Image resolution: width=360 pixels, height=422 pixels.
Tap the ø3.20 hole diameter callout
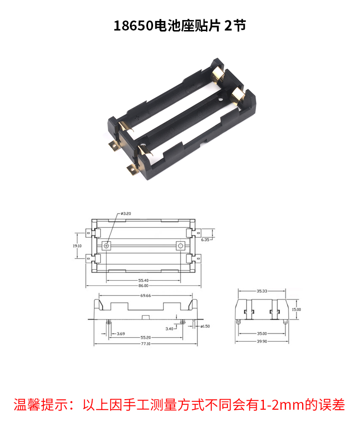pyautogui.click(x=125, y=213)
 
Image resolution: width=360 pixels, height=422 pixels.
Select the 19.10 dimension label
pyautogui.click(x=77, y=246)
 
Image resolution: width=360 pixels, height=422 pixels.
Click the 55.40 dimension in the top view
pyautogui.click(x=143, y=280)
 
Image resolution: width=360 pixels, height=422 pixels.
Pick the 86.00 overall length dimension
pyautogui.click(x=143, y=286)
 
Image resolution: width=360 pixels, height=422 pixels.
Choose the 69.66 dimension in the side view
pyautogui.click(x=146, y=296)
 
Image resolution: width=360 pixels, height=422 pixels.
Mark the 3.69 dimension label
pyautogui.click(x=121, y=334)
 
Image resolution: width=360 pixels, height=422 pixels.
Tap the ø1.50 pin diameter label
pyautogui.click(x=205, y=326)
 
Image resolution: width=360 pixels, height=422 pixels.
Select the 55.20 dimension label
pyautogui.click(x=145, y=338)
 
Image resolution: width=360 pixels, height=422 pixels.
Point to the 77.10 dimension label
pyautogui.click(x=145, y=343)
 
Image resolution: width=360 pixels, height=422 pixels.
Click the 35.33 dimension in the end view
pyautogui.click(x=262, y=290)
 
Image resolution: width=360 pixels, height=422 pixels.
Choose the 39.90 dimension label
pyautogui.click(x=262, y=340)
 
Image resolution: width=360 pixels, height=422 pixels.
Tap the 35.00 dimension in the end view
pyautogui.click(x=262, y=334)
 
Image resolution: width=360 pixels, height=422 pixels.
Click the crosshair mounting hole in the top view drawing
pyautogui.click(x=107, y=246)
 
